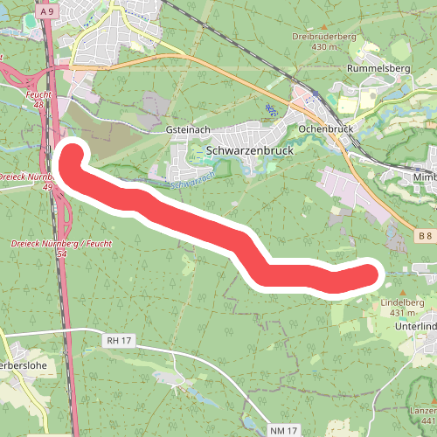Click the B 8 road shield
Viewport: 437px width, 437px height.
coord(425,236)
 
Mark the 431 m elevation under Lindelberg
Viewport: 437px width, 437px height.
coord(402,312)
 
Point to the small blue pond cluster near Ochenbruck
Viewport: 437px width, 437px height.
coord(271,110)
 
